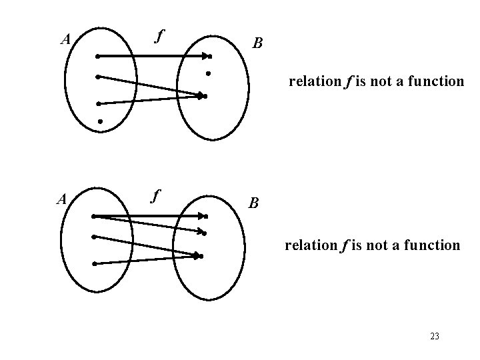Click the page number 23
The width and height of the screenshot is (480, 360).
coord(435,337)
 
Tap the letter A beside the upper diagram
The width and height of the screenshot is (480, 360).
coord(65,39)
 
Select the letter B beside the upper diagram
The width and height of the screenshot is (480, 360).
coord(258,44)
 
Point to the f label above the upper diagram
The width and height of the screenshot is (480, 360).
coord(158,35)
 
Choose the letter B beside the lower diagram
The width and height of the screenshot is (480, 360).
coord(253,203)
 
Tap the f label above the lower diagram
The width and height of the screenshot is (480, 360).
coord(155,196)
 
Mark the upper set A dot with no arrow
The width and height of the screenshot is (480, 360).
coord(99,122)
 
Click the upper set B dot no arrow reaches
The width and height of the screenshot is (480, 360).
coord(208,72)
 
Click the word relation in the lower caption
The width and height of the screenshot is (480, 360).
coord(311,245)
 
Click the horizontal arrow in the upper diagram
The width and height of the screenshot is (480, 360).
coord(153,57)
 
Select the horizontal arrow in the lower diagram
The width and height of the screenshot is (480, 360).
coord(150,216)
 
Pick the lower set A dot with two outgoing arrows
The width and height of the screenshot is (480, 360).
coord(94,216)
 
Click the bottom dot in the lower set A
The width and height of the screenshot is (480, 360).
coord(95,264)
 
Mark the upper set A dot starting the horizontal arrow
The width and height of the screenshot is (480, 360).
coord(97,57)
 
